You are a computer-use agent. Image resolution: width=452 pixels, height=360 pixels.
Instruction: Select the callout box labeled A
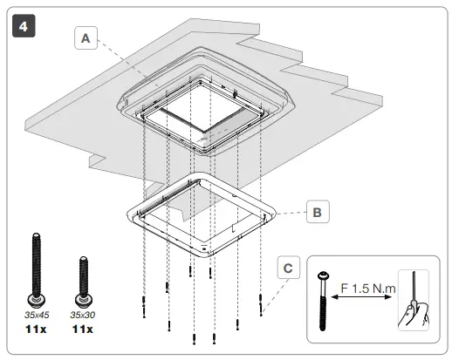pyautogui.click(x=86, y=39)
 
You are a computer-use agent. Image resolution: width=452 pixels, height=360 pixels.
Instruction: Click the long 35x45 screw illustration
pyautogui.click(x=38, y=265)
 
